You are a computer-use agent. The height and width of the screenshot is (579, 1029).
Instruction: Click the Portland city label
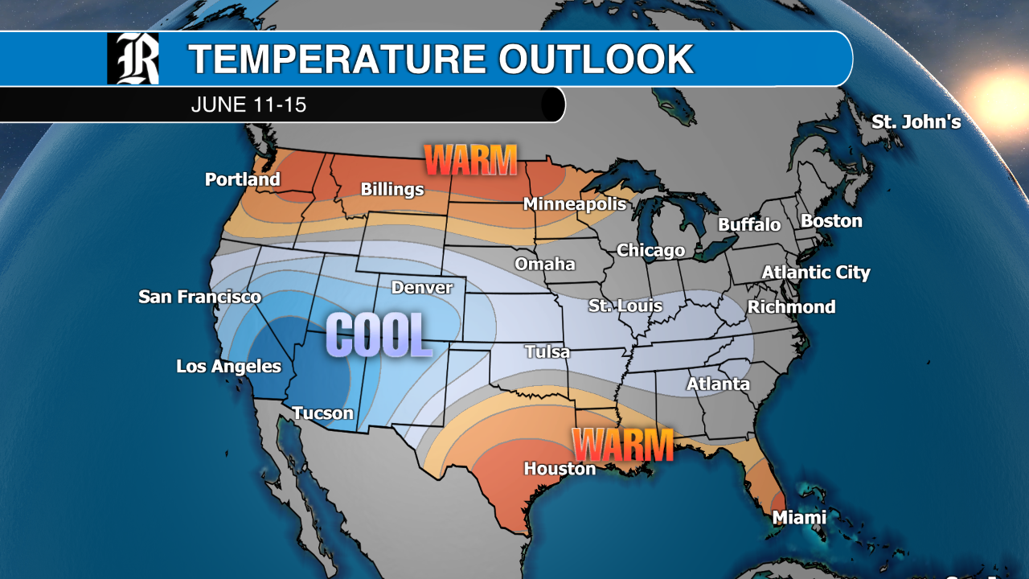(242, 179)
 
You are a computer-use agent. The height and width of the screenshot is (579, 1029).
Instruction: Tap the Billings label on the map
(392, 190)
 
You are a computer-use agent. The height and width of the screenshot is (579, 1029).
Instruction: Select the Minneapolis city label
(574, 204)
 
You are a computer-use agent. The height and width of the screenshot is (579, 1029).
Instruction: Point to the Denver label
(422, 287)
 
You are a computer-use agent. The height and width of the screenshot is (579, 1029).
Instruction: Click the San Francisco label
(199, 297)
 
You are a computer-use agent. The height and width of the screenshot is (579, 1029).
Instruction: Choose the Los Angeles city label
(228, 367)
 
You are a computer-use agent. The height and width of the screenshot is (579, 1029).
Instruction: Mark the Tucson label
(322, 413)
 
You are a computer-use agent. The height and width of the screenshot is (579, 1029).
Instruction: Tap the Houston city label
(560, 468)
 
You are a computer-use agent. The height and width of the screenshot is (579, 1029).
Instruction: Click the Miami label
(799, 518)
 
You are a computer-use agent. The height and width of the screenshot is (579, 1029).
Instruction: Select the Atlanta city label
(718, 384)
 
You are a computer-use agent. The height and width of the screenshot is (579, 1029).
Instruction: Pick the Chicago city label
(650, 251)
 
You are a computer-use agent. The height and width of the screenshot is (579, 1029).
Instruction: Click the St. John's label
(916, 122)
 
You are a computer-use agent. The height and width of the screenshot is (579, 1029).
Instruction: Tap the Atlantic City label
(816, 273)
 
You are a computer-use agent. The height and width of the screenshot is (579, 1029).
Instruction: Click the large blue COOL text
(379, 335)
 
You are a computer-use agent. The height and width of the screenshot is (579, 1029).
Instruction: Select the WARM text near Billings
(470, 159)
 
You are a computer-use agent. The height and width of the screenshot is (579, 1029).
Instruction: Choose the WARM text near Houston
(622, 445)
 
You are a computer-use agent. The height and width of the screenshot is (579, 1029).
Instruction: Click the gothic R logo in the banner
(133, 59)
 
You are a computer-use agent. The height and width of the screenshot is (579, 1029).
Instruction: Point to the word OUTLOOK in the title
(595, 59)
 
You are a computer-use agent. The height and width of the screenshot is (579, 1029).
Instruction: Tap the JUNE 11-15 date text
(248, 105)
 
